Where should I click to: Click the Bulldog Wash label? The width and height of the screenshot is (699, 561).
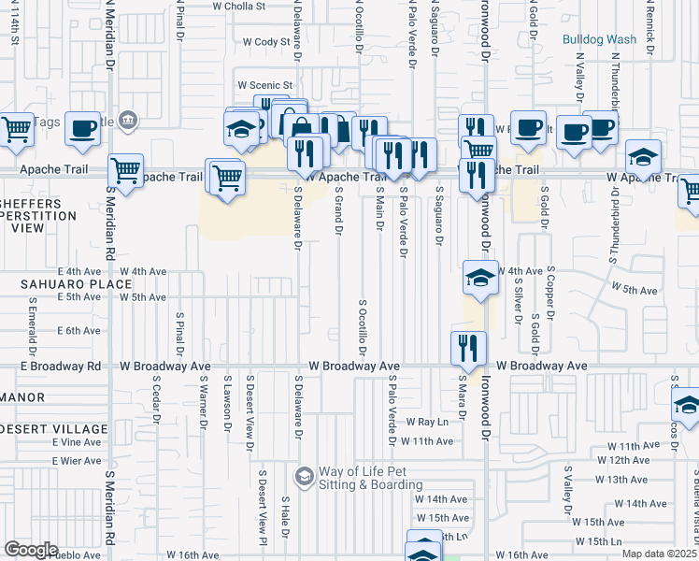tap(599, 39)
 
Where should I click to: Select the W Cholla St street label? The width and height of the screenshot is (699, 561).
tap(239, 6)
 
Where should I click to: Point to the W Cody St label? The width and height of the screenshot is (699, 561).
tap(266, 42)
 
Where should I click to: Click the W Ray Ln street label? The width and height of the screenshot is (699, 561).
tap(427, 423)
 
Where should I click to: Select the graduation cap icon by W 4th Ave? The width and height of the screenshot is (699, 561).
tap(480, 278)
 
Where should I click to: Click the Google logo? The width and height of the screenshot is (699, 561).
tap(31, 550)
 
